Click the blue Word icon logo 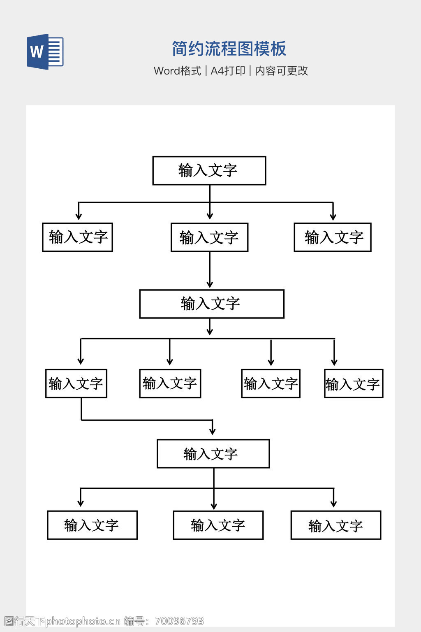[45, 51]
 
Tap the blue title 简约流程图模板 [229, 49]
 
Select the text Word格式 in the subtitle [177, 71]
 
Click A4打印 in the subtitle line [228, 71]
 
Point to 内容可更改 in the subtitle [281, 71]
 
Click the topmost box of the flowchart [209, 170]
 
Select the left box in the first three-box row [77, 237]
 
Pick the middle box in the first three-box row [209, 237]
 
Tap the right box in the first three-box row [333, 237]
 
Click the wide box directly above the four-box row [211, 304]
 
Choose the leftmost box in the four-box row [76, 383]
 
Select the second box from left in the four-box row [170, 383]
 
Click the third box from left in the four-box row [271, 383]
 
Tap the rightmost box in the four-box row [354, 383]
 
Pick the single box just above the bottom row [213, 453]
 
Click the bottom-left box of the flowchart [92, 525]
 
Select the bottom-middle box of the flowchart [218, 525]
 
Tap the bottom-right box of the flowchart [335, 525]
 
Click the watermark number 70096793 [179, 621]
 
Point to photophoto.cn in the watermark [83, 621]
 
